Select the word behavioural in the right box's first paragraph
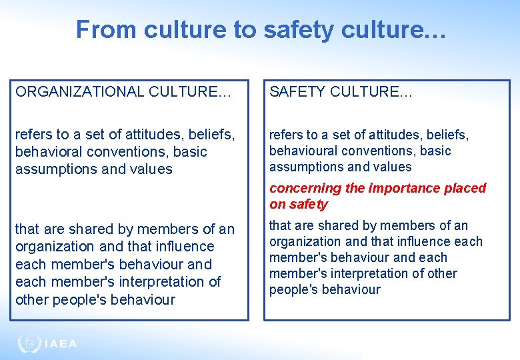(303, 151)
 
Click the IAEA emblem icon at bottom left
(29, 343)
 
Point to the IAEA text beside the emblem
(61, 344)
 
